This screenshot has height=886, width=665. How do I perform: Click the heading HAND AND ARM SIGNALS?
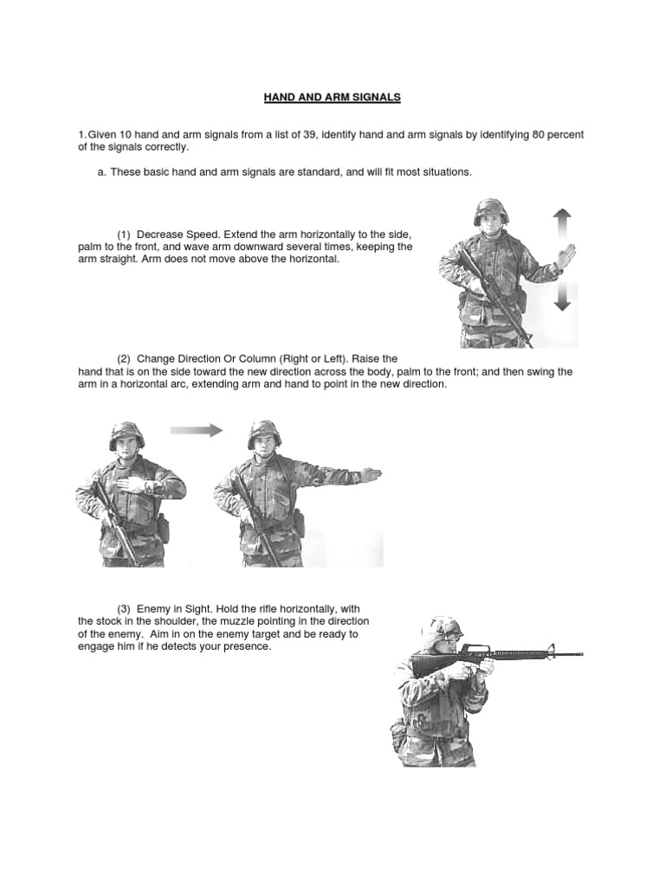click(x=332, y=98)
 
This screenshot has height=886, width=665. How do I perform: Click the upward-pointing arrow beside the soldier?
click(x=562, y=226)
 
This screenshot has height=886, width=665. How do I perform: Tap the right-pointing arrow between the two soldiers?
click(x=197, y=430)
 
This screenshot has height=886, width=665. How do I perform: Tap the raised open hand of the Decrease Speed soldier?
click(x=565, y=257)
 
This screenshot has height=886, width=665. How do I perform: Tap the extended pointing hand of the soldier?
click(x=371, y=474)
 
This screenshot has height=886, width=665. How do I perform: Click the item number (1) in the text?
click(x=124, y=235)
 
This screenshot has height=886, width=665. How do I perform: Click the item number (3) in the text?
click(x=124, y=611)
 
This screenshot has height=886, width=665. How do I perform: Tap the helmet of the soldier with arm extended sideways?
click(x=263, y=433)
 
